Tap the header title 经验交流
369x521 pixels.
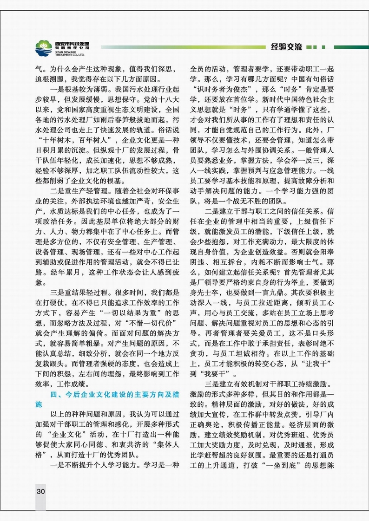click(x=286, y=46)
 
